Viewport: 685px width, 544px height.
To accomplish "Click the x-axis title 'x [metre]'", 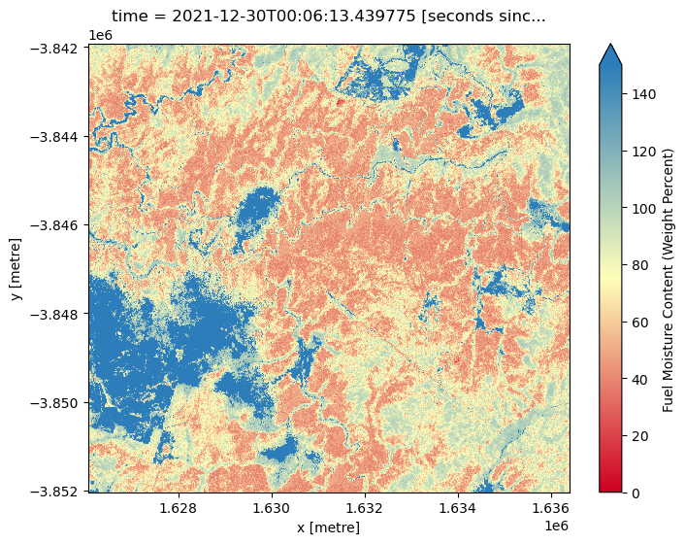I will click(x=329, y=527).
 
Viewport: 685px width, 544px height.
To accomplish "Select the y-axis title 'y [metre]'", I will click(x=16, y=268).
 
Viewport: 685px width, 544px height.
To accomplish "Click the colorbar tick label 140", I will click(x=641, y=94).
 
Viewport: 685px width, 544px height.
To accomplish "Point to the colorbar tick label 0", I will click(x=634, y=493).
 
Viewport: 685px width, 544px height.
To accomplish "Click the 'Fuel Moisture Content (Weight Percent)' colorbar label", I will click(x=669, y=280).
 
